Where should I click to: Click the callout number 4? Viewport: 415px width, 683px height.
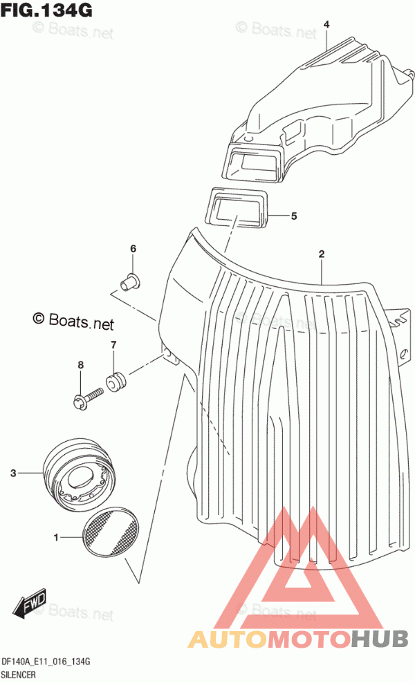326,25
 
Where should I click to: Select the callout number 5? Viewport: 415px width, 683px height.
294,216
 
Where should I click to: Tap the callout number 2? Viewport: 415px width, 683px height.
321,254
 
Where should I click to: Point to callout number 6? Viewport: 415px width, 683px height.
133,249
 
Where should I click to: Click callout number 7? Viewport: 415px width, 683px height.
113,346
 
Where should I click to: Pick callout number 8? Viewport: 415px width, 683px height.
81,365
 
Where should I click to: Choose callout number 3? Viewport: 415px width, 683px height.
14,473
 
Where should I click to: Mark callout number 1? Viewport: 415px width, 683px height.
56,538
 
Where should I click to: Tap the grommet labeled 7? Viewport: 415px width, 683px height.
116,381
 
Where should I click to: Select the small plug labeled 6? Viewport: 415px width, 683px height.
130,282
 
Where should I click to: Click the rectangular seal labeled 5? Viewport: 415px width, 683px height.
237,209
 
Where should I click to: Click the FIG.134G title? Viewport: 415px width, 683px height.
46,10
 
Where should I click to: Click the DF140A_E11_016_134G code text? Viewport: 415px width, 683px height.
46,662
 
